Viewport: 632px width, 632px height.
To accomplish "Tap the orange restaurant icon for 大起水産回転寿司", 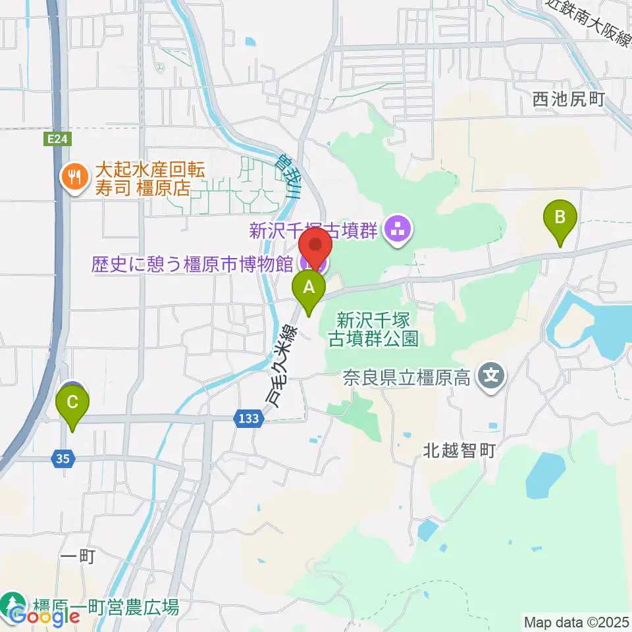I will [72, 177].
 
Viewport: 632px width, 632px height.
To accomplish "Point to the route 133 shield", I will [250, 418].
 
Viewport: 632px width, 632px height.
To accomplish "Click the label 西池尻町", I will [568, 99].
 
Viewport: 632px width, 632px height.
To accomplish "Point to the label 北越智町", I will [459, 452].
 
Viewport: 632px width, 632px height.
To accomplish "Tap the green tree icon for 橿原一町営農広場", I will [12, 604].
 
